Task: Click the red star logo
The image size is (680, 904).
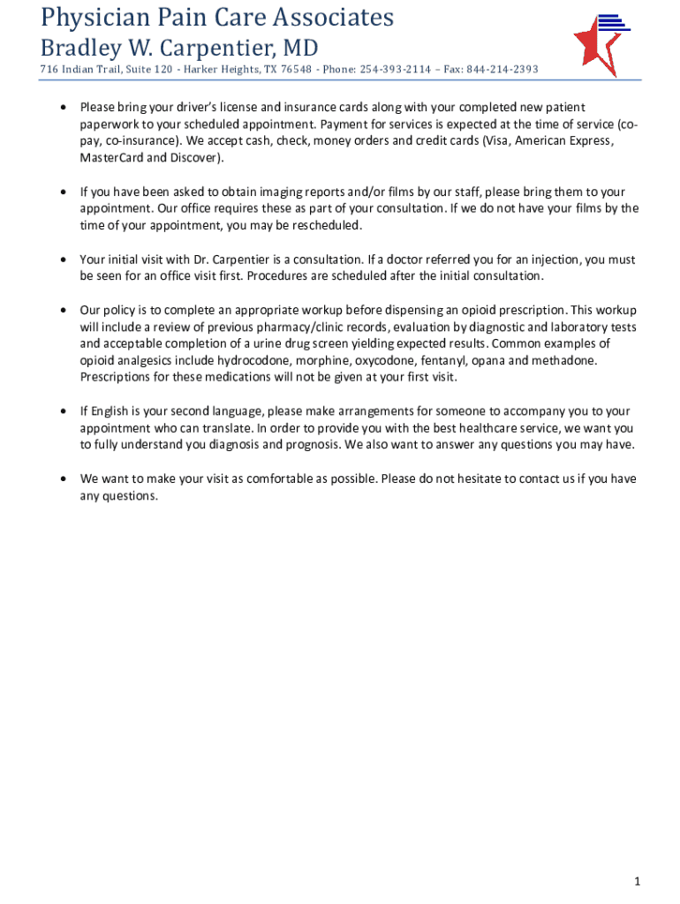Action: [593, 46]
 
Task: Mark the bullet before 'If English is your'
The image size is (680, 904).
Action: [62, 411]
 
